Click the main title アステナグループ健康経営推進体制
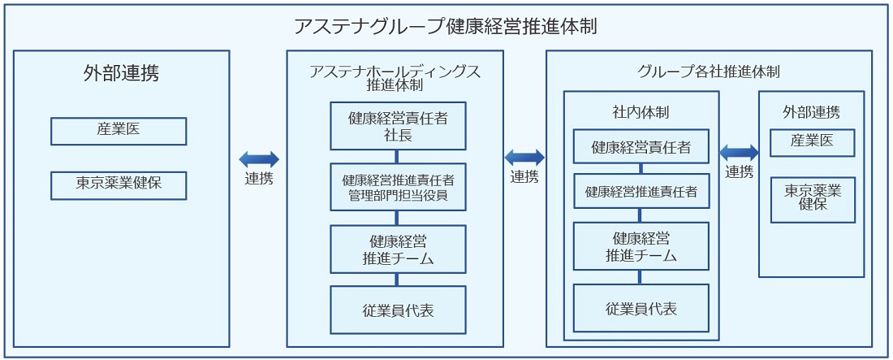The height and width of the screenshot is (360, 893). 446,26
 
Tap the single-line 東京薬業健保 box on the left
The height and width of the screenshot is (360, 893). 119,184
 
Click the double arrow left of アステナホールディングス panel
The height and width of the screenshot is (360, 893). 259,159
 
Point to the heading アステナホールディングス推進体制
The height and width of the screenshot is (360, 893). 395,78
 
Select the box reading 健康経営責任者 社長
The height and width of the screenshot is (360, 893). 398,126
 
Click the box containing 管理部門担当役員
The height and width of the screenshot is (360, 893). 398,187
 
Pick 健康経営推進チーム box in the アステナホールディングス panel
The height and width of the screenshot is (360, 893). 398,249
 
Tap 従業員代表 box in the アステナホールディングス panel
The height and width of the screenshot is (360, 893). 398,310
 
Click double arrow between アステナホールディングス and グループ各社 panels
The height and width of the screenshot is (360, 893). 524,158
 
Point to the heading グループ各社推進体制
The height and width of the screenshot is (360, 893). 709,72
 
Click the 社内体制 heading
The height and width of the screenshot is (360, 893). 641,111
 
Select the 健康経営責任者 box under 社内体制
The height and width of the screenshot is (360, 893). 641,147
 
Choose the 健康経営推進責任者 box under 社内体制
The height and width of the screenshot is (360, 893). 641,192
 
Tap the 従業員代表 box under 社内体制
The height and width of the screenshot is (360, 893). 641,308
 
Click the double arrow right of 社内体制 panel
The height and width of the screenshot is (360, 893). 739,152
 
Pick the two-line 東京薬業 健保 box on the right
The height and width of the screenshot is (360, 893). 812,199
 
